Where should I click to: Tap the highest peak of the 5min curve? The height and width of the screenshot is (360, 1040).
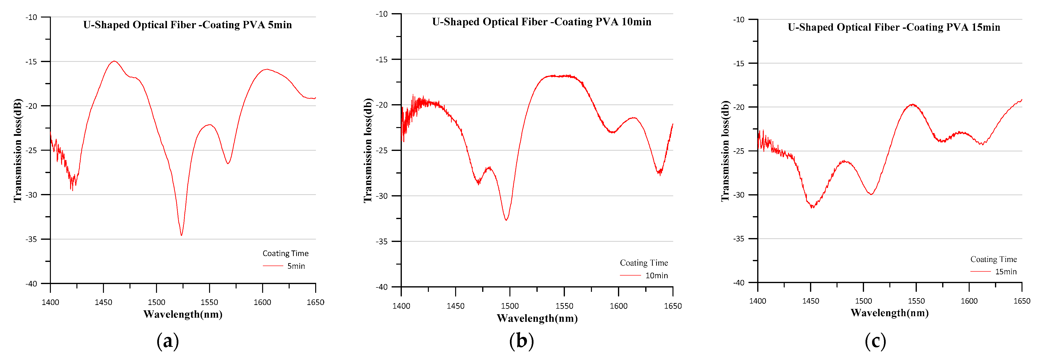[x=114, y=61]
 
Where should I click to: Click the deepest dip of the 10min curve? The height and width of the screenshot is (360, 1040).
[x=506, y=220]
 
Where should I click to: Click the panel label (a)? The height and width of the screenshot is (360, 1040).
[x=167, y=341]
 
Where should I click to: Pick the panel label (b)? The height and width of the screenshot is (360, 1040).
[x=521, y=341]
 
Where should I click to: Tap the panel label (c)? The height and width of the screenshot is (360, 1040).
[x=875, y=341]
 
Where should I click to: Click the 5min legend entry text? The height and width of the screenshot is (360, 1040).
[x=296, y=266]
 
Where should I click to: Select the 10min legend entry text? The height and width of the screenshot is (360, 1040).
[x=656, y=276]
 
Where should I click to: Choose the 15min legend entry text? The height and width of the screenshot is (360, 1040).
[x=1006, y=272]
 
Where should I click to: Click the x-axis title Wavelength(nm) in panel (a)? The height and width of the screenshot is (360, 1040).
[x=183, y=314]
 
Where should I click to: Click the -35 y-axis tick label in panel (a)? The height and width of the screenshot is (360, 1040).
[x=31, y=239]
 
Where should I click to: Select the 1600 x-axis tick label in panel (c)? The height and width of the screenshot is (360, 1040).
[x=969, y=301]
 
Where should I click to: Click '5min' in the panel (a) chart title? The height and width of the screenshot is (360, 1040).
[x=280, y=25]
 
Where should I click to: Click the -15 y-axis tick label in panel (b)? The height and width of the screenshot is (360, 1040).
[x=382, y=60]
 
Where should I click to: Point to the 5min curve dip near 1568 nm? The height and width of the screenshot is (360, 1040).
[x=228, y=164]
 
